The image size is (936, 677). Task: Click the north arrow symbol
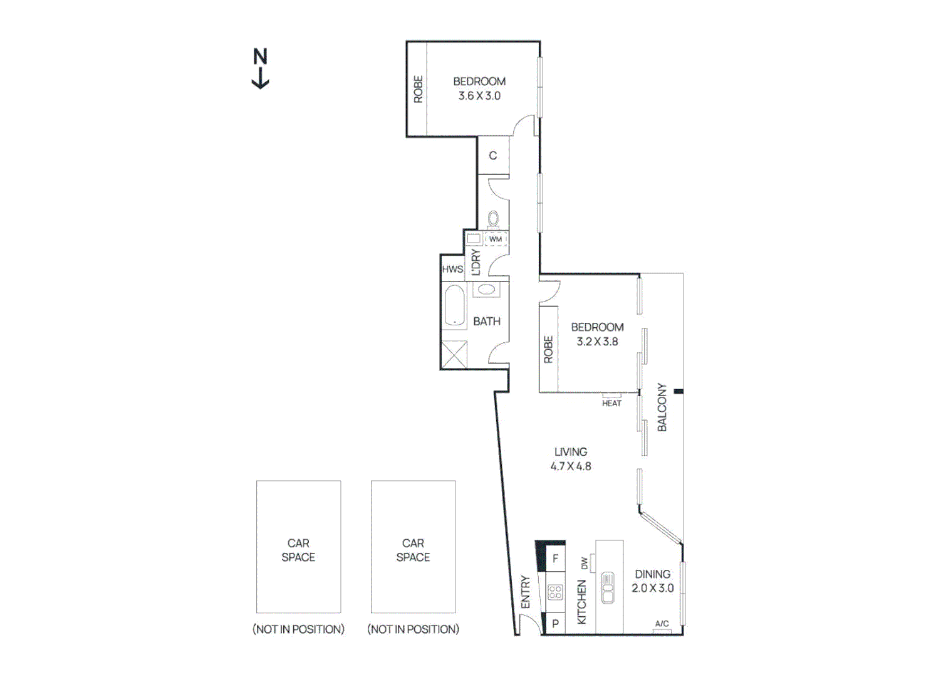coord(260,68)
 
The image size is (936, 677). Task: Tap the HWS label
coord(452,270)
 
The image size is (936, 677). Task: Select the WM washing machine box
coord(495,239)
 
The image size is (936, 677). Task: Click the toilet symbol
coord(494,219)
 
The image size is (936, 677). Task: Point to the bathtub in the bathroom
coord(454,306)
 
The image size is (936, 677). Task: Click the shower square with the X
coord(454,354)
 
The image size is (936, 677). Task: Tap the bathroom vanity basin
coord(486,290)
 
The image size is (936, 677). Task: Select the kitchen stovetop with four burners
coord(555,592)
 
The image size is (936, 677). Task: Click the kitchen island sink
coord(608,587)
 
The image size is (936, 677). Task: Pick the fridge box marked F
coord(555,559)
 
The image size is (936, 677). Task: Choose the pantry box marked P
coord(555,624)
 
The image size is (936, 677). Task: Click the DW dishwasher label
coord(585,564)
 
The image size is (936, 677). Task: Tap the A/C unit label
coord(662,624)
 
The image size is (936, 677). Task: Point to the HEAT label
coord(611,403)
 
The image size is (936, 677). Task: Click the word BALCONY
coord(662,407)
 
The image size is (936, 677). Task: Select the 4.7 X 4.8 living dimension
coord(571,466)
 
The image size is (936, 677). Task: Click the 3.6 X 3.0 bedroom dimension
coord(479,96)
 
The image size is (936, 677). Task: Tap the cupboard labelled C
coord(493,155)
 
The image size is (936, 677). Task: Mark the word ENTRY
coord(526,592)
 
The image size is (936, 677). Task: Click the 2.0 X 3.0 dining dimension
coord(653,588)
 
